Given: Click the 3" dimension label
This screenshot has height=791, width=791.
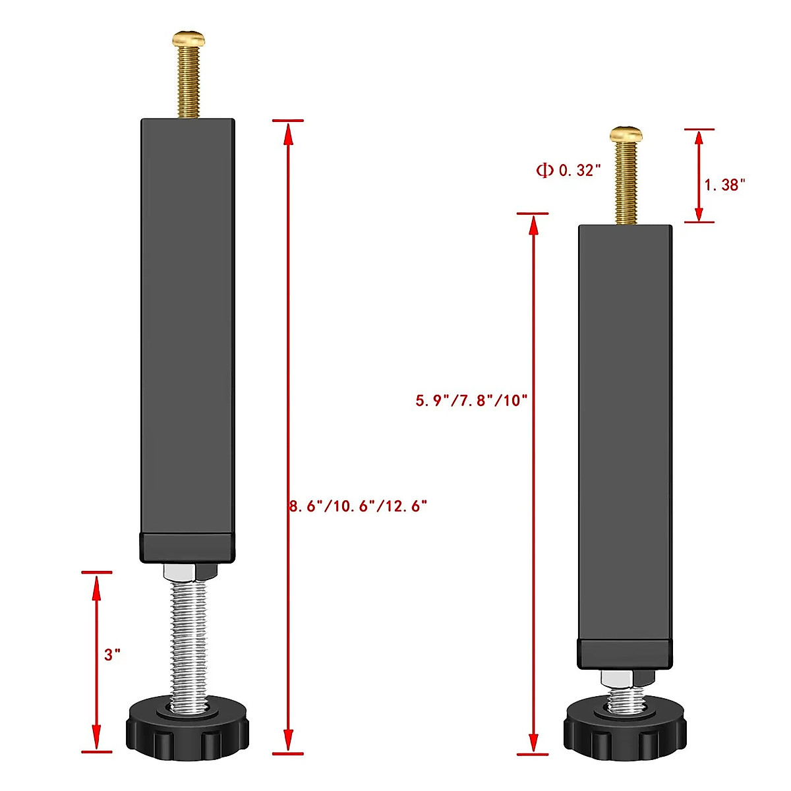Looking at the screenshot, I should click(112, 655).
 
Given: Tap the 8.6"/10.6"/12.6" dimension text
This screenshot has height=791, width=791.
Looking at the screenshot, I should click(359, 506).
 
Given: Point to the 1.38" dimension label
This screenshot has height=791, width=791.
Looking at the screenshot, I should click(724, 185).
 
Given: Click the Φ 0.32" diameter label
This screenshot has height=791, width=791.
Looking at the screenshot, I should click(568, 170).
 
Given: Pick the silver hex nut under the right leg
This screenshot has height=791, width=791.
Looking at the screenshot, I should click(626, 678).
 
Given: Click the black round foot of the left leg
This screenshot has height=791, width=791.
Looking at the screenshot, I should click(187, 728).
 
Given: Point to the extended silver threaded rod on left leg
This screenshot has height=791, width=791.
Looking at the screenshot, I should click(189, 639).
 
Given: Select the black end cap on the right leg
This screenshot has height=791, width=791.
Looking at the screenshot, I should click(626, 653).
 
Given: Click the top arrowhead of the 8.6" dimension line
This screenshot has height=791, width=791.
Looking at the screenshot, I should click(287, 132).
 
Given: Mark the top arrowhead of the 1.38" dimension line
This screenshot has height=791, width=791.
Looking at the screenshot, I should click(699, 139).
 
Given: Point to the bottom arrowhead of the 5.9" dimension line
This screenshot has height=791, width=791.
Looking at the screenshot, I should click(533, 742).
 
